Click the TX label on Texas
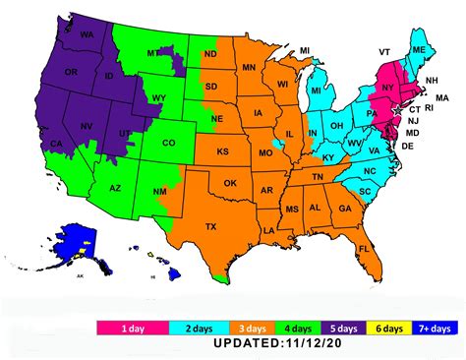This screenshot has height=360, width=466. (210, 226)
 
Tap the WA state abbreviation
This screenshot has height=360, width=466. (87, 35)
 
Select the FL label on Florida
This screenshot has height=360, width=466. (364, 249)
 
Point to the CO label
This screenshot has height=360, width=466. (169, 143)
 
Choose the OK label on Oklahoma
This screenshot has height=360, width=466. (230, 183)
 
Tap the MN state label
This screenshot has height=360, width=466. (249, 68)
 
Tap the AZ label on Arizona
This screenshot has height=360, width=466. (115, 187)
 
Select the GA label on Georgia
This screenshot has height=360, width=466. (345, 209)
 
